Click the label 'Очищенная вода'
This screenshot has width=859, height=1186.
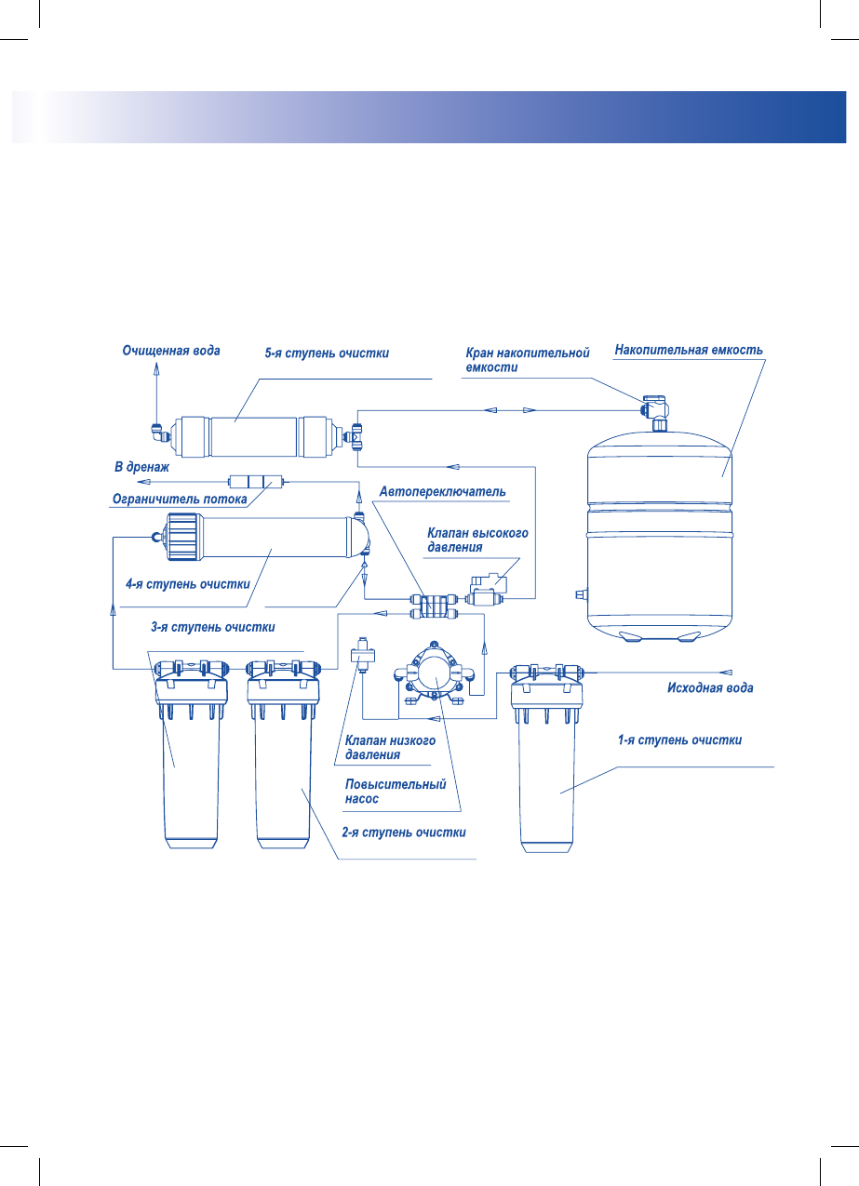(x=171, y=351)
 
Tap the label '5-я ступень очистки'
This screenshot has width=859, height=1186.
(x=327, y=353)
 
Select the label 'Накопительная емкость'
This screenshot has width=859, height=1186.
(x=689, y=350)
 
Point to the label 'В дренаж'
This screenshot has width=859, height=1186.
(x=142, y=467)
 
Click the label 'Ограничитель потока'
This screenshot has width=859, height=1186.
(x=180, y=499)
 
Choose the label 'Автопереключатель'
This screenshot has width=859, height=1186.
(x=443, y=492)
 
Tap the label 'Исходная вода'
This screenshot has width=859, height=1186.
(x=710, y=687)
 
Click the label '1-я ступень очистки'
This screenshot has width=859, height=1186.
(x=679, y=740)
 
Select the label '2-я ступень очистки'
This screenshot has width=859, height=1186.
(x=404, y=833)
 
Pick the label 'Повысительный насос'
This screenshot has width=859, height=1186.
(x=396, y=792)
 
